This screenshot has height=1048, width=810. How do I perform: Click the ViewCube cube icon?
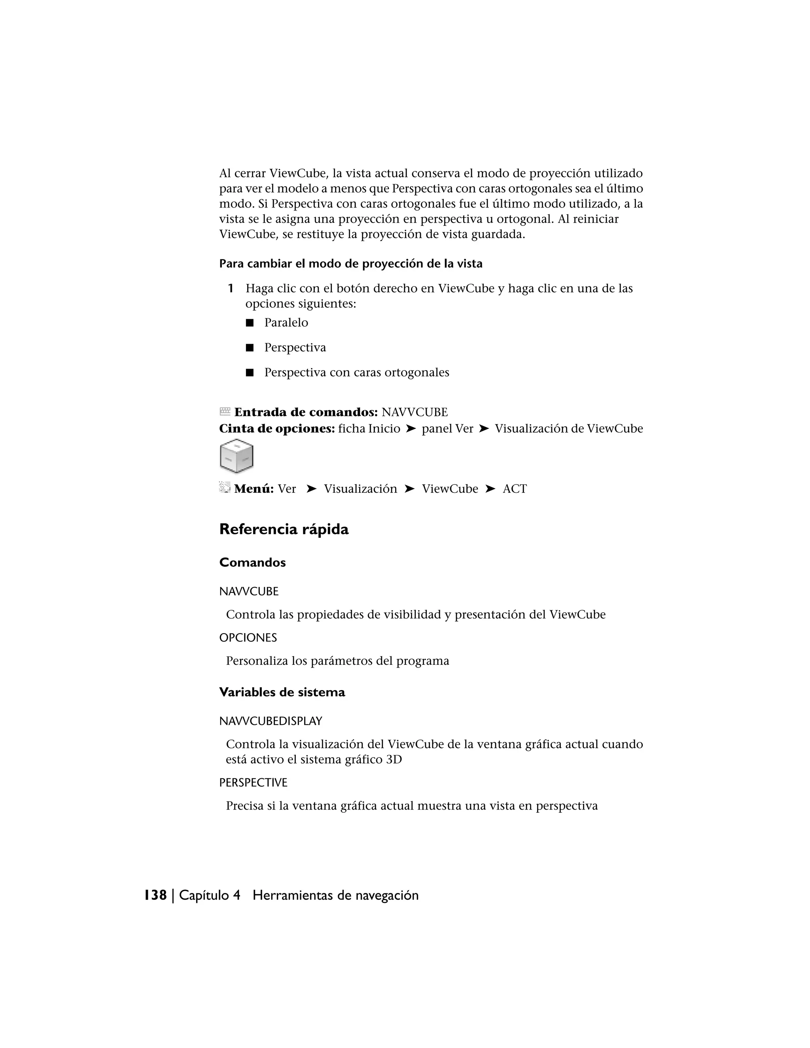point(236,456)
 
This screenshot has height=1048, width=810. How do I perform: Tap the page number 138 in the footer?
point(155,895)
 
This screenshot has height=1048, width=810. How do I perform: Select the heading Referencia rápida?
point(284,529)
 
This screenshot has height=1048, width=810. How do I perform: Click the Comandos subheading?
point(252,562)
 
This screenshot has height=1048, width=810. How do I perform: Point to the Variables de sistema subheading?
point(282,692)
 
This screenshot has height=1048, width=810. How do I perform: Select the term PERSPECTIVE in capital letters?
point(253,782)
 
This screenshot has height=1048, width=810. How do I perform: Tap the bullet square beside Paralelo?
point(250,323)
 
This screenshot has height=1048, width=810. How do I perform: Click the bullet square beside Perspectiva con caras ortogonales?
point(250,373)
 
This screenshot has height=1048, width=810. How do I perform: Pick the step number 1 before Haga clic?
point(230,288)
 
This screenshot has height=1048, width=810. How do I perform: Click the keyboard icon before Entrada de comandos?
point(225,411)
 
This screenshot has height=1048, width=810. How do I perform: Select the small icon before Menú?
point(225,488)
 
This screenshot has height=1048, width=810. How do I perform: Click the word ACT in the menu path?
point(515,489)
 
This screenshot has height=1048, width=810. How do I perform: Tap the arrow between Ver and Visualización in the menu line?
point(311,489)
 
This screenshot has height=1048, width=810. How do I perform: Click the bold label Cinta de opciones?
point(277,429)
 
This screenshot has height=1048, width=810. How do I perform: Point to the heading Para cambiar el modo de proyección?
point(351,263)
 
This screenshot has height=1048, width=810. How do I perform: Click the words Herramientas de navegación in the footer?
point(335,895)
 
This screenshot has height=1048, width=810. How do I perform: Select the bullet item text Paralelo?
point(286,322)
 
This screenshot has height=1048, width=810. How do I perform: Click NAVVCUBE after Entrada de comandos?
point(414,412)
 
